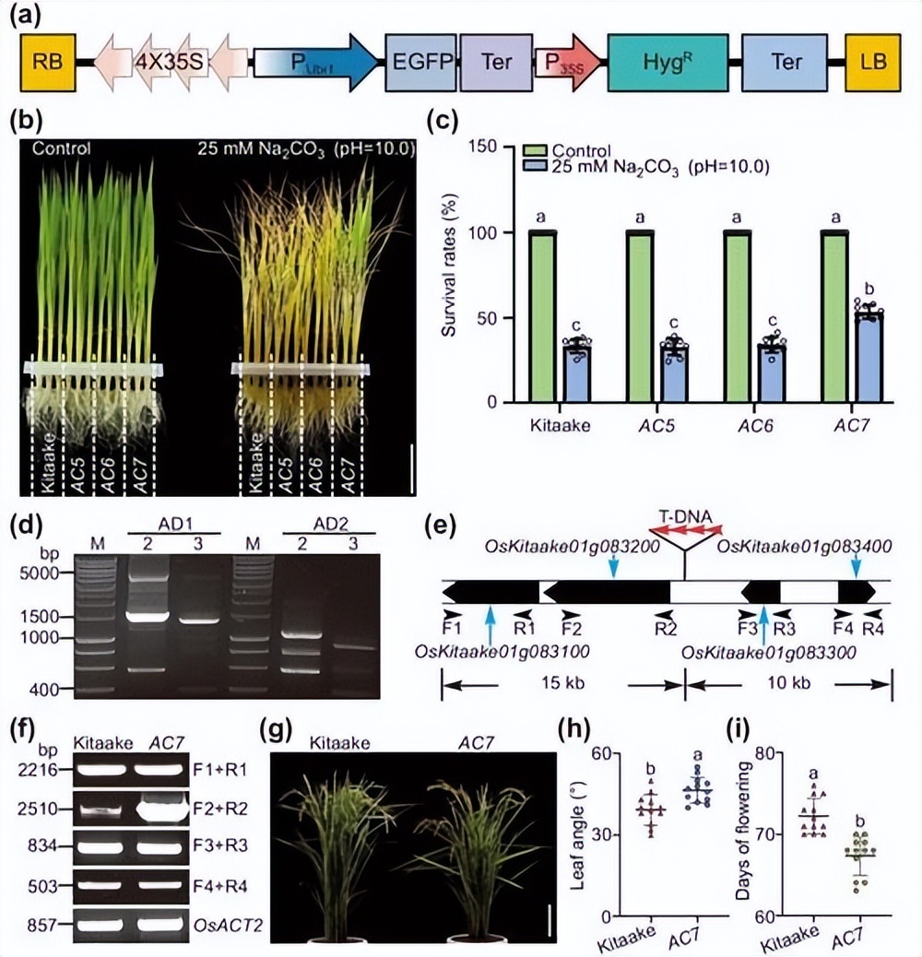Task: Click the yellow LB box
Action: tap(871, 62)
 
